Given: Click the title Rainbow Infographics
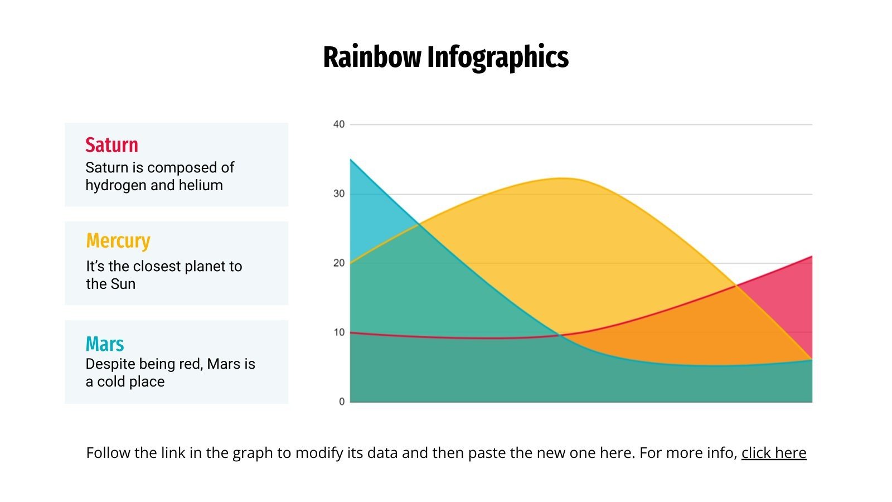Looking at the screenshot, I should click(445, 57).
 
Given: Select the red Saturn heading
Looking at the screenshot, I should click(111, 145).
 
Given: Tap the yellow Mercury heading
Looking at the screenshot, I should click(118, 241).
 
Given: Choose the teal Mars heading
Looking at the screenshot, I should click(105, 344).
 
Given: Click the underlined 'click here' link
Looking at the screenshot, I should click(773, 453).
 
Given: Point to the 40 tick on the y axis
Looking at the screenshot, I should click(339, 124).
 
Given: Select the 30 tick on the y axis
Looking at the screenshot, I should click(339, 194).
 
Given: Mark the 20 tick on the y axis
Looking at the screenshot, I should click(339, 263).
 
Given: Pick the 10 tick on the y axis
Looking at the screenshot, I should click(339, 332).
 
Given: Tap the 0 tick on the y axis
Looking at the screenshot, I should click(342, 402).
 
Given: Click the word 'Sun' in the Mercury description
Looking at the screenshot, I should click(123, 284).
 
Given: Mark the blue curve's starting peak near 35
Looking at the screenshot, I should click(351, 160).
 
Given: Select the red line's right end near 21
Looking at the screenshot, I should click(811, 257).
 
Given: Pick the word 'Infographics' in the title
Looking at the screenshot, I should click(498, 57).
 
